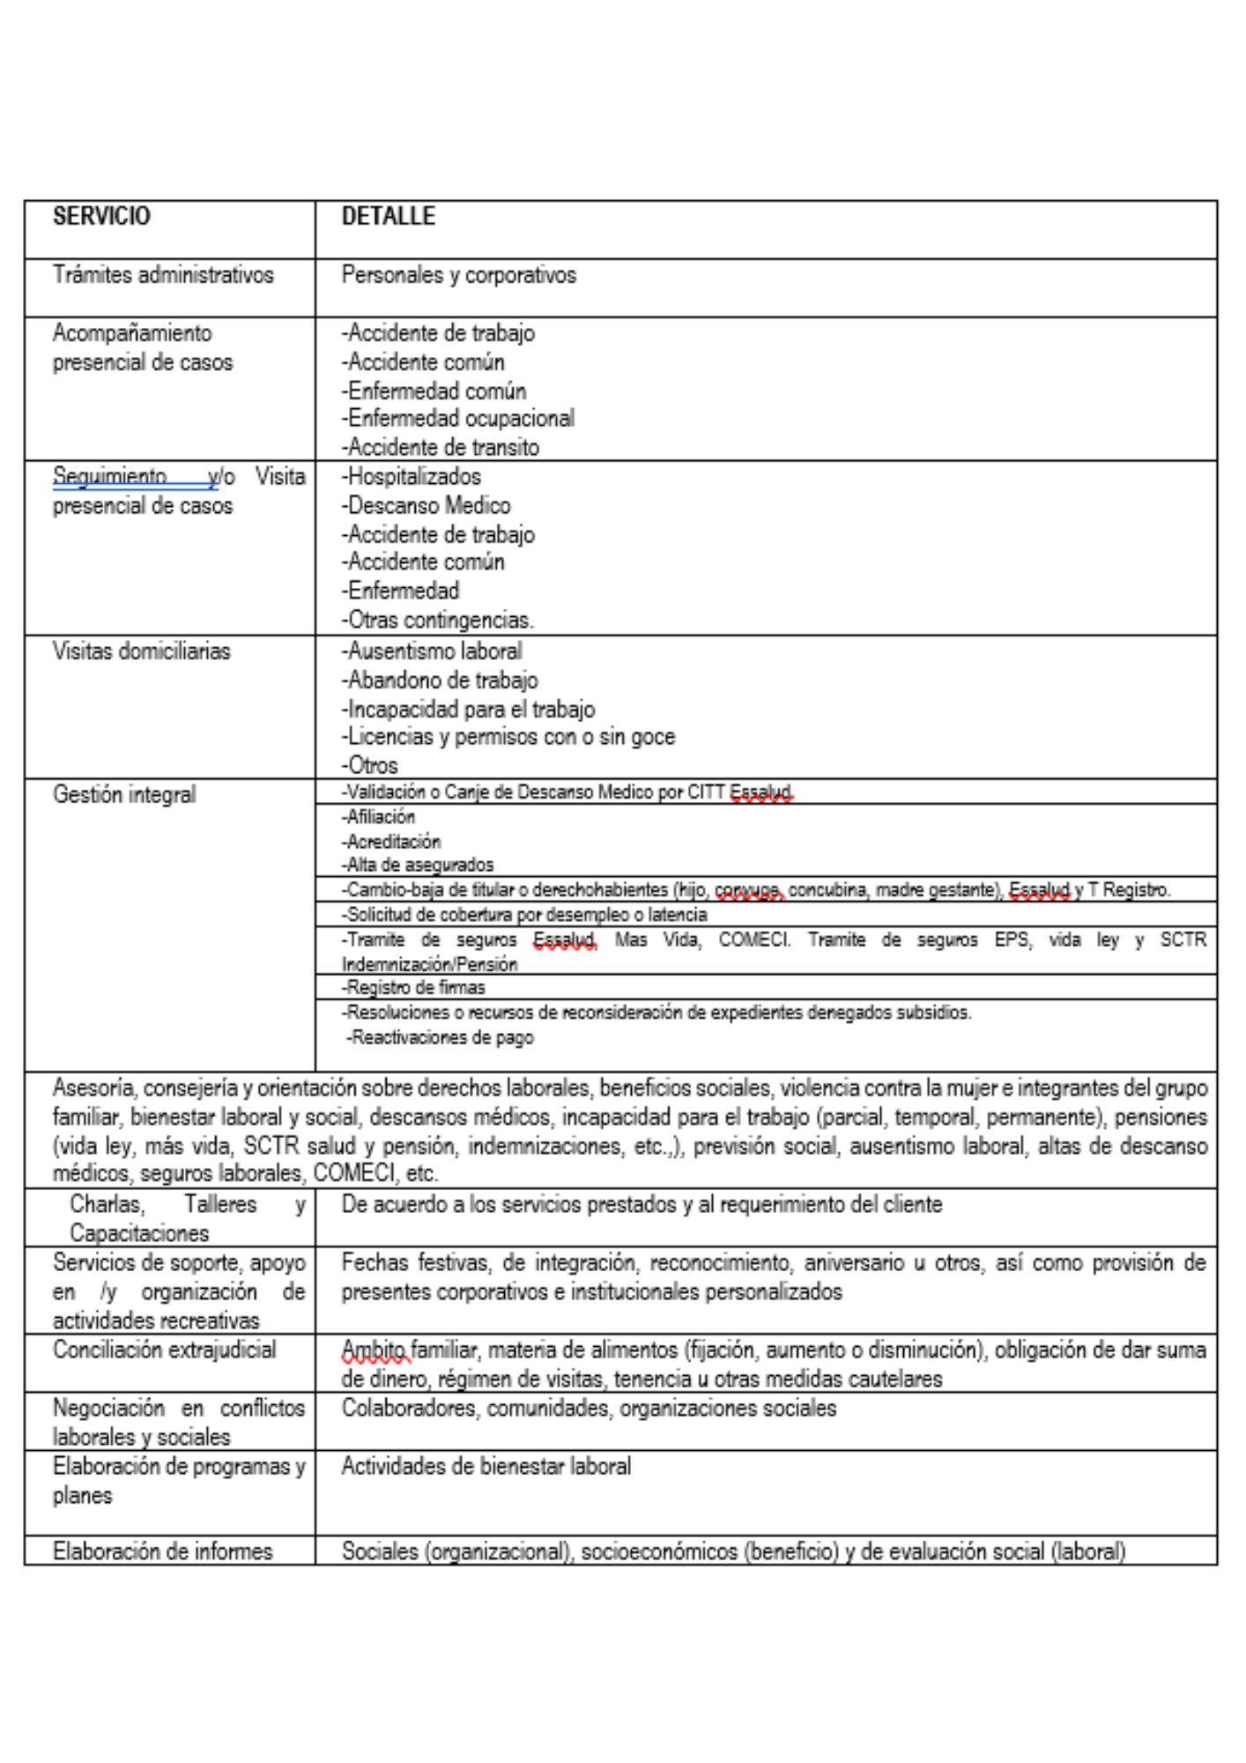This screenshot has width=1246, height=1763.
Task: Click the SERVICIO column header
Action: coord(101,217)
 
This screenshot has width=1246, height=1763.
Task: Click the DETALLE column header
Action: coord(388,217)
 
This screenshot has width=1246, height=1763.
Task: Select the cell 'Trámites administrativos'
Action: coord(163,275)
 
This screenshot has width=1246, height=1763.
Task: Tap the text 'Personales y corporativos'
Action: coord(458,275)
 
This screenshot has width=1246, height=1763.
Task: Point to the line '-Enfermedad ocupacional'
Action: coord(457,419)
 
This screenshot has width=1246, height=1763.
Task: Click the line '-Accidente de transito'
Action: coord(440,448)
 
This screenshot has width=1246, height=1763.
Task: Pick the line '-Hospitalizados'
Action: coord(411,477)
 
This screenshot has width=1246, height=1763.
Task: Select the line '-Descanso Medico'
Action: coord(426,506)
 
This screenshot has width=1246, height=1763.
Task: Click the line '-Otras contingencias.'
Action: coord(437,621)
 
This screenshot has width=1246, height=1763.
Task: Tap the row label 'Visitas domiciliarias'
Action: coord(141,651)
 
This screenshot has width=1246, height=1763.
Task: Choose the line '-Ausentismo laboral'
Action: coord(431,651)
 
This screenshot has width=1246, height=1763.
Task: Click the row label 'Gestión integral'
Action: coord(124,795)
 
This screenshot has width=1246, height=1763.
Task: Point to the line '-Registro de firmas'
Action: coord(413,987)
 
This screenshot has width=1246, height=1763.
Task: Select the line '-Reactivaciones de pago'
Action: coord(440,1038)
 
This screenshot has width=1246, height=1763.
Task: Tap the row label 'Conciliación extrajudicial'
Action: coord(164,1350)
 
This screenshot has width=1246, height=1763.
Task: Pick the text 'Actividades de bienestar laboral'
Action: coord(486,1467)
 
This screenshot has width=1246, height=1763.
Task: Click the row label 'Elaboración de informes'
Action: coord(162,1551)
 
